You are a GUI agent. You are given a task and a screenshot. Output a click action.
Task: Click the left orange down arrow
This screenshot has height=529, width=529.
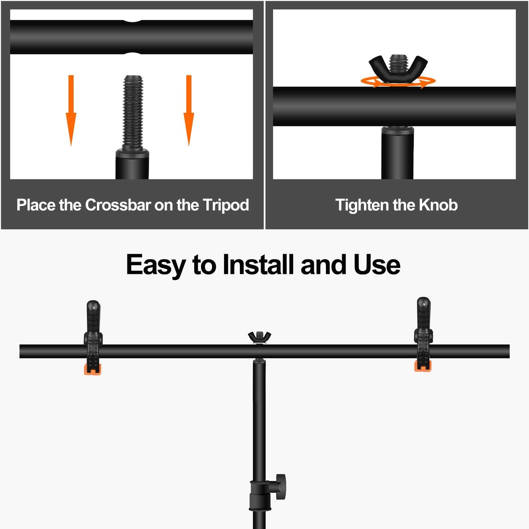pyautogui.click(x=71, y=110)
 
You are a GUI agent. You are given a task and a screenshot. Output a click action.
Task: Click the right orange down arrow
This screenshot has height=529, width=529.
pyautogui.click(x=189, y=110)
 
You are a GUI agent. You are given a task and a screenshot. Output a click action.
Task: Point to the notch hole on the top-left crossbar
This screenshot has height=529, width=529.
pyautogui.click(x=132, y=37)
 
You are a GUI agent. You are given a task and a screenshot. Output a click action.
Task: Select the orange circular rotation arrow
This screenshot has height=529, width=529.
pyautogui.click(x=398, y=82)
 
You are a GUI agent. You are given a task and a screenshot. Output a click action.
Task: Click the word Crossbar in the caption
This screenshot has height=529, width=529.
pyautogui.click(x=118, y=205)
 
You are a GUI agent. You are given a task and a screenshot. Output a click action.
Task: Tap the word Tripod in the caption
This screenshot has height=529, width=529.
pyautogui.click(x=226, y=205)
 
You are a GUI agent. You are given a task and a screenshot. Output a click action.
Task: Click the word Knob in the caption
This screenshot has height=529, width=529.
pyautogui.click(x=438, y=205)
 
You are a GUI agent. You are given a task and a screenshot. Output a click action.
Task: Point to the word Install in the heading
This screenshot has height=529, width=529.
pyautogui.click(x=258, y=264)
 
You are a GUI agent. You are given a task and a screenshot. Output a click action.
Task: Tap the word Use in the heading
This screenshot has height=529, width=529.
pyautogui.click(x=377, y=264)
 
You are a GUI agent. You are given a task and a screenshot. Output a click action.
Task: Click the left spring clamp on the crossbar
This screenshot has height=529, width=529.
pyautogui.click(x=93, y=338)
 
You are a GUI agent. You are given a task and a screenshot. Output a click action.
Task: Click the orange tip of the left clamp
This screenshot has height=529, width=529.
pyautogui.click(x=93, y=369)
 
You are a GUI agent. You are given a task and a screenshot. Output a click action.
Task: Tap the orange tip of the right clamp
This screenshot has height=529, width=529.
pyautogui.click(x=423, y=366)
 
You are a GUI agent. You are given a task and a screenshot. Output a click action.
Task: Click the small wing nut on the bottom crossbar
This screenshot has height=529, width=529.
pyautogui.click(x=260, y=337)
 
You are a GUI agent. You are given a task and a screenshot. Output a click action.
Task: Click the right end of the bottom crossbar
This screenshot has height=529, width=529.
pyautogui.click(x=509, y=351)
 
